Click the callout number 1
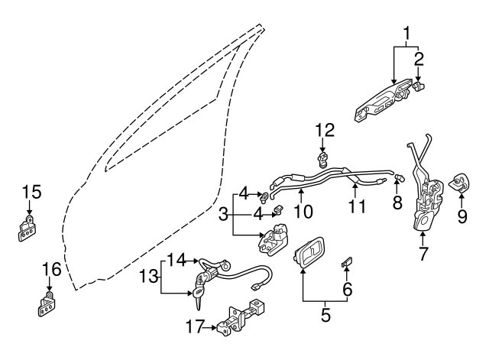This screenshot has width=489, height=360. tap(407, 34)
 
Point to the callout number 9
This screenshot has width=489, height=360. tap(461, 216)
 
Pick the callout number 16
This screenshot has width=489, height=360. tap(50, 269)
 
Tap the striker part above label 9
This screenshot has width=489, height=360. tap(461, 183)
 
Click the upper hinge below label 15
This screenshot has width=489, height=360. tap(28, 229)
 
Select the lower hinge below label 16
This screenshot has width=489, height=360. tap(46, 305)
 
